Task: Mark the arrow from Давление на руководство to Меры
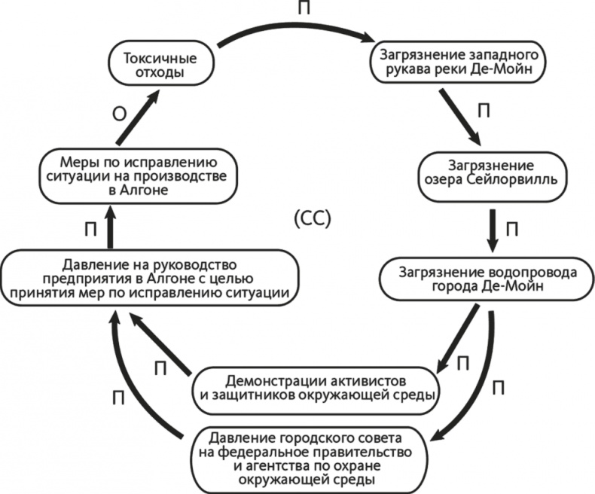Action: click(111, 228)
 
